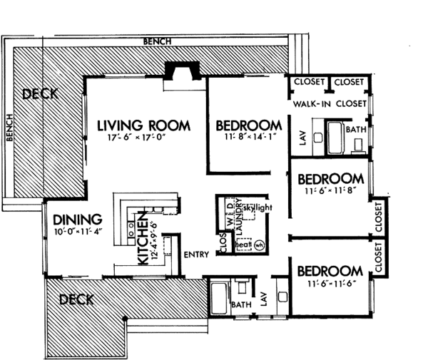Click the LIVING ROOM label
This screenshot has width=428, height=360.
(144, 125)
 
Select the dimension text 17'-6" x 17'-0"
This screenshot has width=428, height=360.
(144, 140)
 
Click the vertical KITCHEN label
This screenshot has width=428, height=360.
(142, 237)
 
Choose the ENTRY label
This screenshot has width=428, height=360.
(195, 254)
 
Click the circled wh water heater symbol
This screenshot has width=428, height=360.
(259, 245)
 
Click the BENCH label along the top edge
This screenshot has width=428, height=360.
(157, 41)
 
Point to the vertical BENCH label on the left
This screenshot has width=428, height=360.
(10, 128)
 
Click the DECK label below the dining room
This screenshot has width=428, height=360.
(76, 299)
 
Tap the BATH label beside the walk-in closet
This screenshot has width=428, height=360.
(355, 130)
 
